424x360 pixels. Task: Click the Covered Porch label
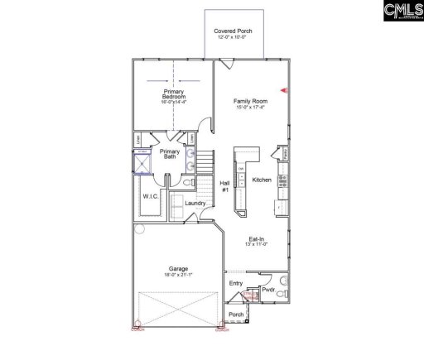click(233, 31)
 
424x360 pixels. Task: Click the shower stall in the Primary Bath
click(142, 163)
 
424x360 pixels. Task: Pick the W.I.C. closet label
click(150, 197)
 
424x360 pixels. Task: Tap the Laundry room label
click(195, 203)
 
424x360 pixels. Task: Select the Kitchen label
click(262, 180)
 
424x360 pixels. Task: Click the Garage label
click(178, 268)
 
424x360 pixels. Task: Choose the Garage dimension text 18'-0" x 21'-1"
click(178, 275)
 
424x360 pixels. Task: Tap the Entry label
click(237, 284)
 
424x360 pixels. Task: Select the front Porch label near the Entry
click(236, 314)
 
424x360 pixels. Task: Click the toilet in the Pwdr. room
click(282, 293)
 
